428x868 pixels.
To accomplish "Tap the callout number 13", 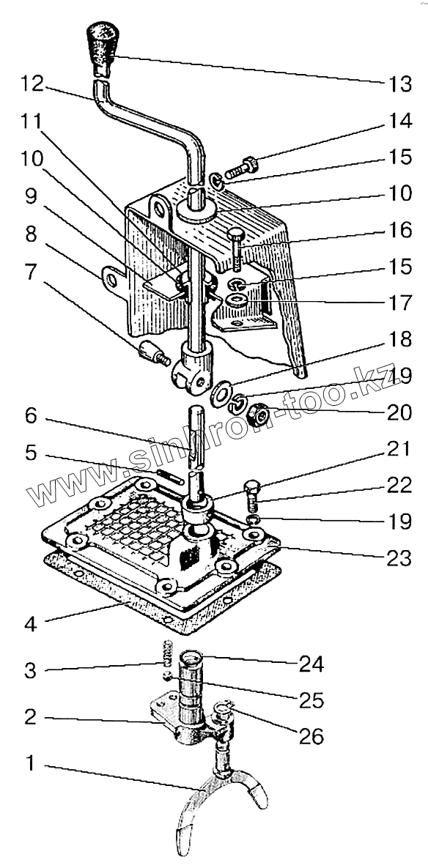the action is tap(399, 85).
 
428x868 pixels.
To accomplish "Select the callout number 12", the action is tap(32, 84).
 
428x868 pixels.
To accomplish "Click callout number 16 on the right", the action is tap(399, 230).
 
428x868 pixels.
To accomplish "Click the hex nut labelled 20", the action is tap(258, 414).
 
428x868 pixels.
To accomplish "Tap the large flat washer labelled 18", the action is tap(221, 393).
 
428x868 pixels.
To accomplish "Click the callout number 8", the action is tap(31, 234).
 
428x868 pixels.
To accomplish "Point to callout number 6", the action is tap(31, 416).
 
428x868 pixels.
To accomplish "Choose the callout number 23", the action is tap(399, 558).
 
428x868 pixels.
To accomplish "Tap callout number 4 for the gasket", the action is tap(31, 624).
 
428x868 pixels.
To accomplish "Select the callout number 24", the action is tap(311, 663).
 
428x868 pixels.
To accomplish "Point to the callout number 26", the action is tap(311, 735).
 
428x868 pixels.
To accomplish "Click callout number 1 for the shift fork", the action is tap(31, 764).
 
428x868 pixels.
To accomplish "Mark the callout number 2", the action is tap(31, 717).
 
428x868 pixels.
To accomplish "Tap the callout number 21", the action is tap(399, 449).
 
